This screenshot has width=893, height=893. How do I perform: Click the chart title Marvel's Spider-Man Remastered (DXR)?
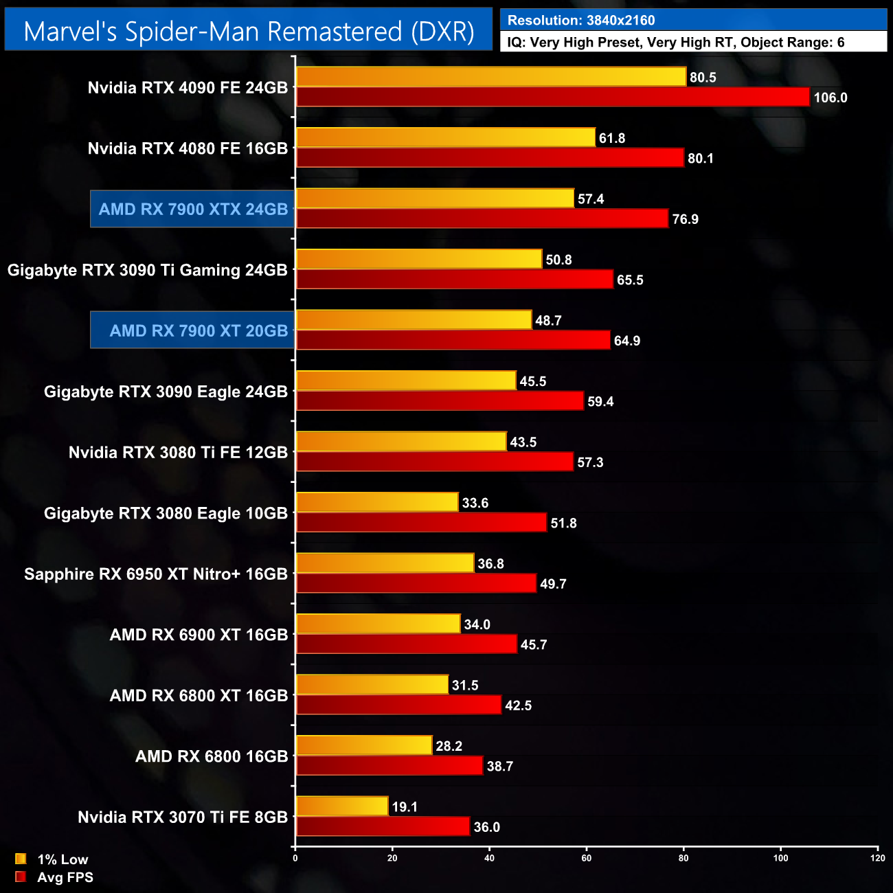click(x=249, y=32)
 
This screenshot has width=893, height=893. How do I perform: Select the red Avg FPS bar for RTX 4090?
click(x=552, y=97)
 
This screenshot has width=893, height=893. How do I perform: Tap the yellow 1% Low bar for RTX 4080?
click(x=445, y=137)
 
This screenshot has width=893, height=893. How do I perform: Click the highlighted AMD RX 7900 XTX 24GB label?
click(x=193, y=210)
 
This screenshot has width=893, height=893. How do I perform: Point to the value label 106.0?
click(x=830, y=98)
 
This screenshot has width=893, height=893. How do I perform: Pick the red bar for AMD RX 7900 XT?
click(x=453, y=340)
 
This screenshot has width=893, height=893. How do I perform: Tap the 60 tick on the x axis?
click(x=587, y=858)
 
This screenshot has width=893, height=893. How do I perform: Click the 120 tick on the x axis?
click(x=877, y=858)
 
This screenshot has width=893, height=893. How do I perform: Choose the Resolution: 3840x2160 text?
click(x=581, y=21)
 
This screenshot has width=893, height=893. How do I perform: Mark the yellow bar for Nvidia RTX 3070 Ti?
click(x=342, y=806)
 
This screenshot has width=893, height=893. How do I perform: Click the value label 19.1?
click(x=405, y=807)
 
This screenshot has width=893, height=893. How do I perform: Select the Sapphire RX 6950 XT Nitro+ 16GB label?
click(x=156, y=574)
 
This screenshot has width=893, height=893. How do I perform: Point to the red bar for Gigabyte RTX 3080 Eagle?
click(x=421, y=523)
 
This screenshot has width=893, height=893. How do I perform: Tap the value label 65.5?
click(x=630, y=280)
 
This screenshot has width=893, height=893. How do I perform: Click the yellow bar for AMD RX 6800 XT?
click(x=372, y=685)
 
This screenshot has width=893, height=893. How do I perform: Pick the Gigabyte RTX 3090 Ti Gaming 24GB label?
click(x=148, y=271)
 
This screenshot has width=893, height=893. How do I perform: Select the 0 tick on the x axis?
click(x=295, y=858)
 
